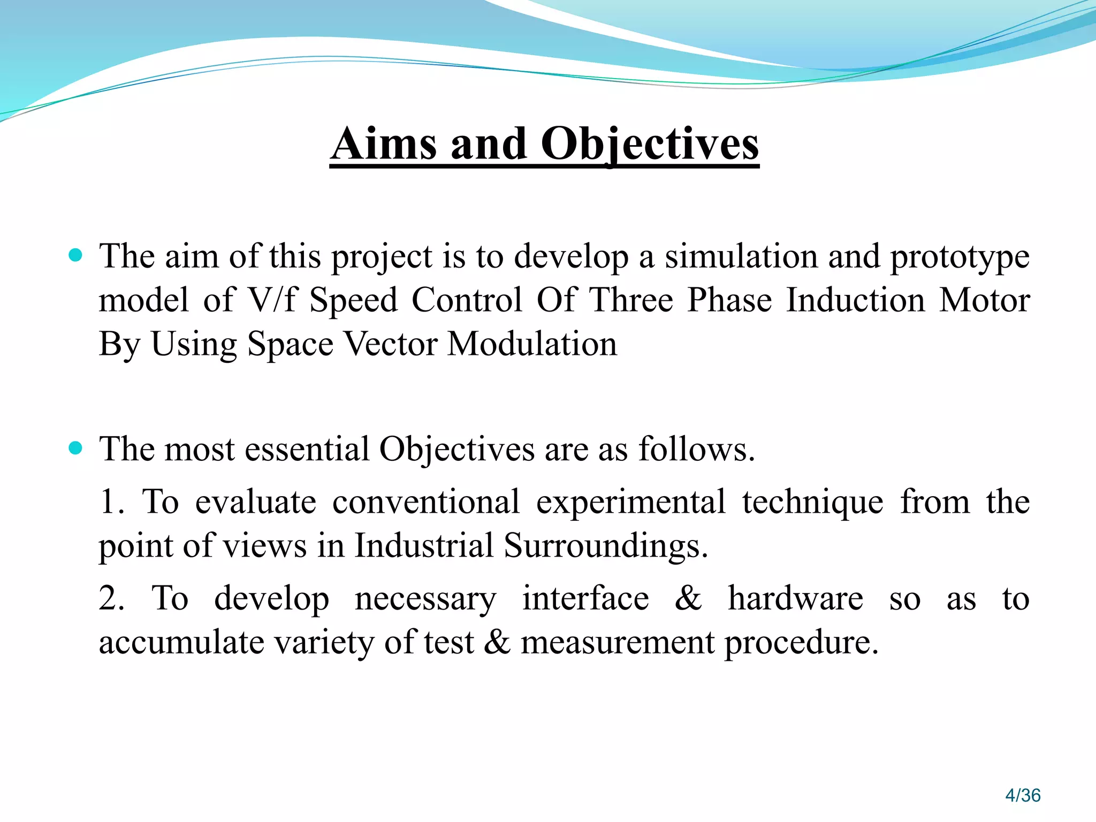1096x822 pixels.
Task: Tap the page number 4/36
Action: click(1023, 795)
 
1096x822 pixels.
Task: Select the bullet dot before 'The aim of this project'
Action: click(76, 255)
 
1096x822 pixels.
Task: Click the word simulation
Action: click(741, 256)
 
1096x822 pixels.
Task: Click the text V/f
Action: click(271, 299)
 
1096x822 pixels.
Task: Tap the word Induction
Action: click(855, 299)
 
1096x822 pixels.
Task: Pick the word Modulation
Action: click(532, 343)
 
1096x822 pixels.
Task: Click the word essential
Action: click(307, 448)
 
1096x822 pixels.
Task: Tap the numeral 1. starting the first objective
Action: click(111, 502)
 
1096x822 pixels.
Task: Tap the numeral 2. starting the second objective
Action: click(111, 598)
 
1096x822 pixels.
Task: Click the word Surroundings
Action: click(606, 546)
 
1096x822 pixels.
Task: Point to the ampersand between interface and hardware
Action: click(688, 598)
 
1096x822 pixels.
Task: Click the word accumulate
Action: click(181, 642)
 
